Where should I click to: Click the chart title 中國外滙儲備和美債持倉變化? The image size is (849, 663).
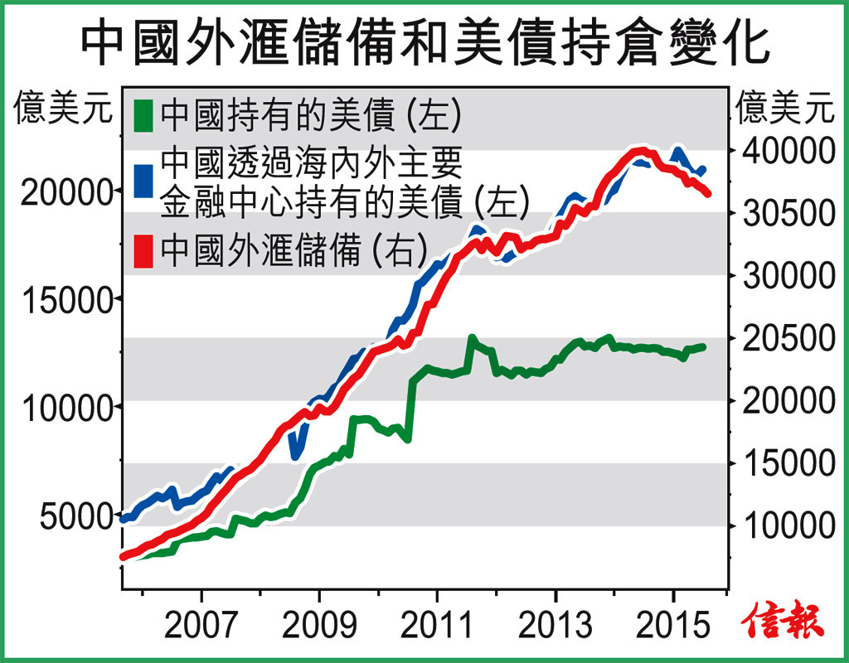click(x=424, y=43)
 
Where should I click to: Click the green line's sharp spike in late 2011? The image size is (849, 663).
click(x=472, y=339)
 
